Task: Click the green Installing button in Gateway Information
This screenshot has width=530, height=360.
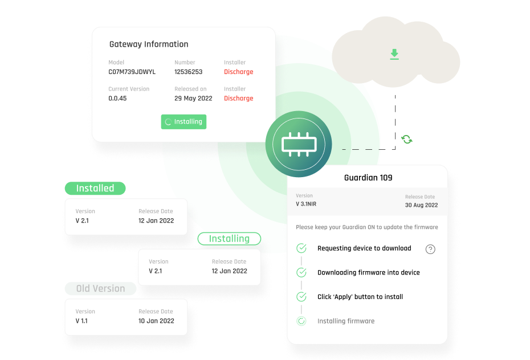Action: pos(184,121)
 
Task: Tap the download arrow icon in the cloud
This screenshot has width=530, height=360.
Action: pos(394,54)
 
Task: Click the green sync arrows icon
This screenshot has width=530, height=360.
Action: pos(407,139)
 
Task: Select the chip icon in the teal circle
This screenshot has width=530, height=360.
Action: pos(299,144)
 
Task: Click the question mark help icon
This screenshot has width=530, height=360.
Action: pos(430,249)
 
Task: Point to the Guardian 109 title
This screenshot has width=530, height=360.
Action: pos(368,178)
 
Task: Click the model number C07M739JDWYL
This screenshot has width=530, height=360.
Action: pos(132,72)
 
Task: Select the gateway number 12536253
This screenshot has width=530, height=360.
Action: pos(188,72)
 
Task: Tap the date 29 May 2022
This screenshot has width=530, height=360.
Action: pos(193,99)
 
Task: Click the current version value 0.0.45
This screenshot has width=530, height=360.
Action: pos(117,99)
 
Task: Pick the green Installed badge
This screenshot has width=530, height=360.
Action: pos(95,188)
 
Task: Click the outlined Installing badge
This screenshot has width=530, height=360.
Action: pos(229,239)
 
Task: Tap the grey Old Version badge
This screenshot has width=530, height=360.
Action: pos(100,288)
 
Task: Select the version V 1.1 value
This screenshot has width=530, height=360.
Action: pos(81,321)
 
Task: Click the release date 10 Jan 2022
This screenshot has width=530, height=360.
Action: pos(156,321)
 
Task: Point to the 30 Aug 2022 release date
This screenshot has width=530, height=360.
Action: pos(421,205)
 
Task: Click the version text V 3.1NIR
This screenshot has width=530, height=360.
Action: pos(306,204)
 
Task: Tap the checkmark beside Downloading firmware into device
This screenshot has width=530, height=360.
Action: pos(301,272)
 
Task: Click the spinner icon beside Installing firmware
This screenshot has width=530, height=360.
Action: pos(301,321)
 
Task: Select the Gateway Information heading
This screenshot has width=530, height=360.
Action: pos(149,44)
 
